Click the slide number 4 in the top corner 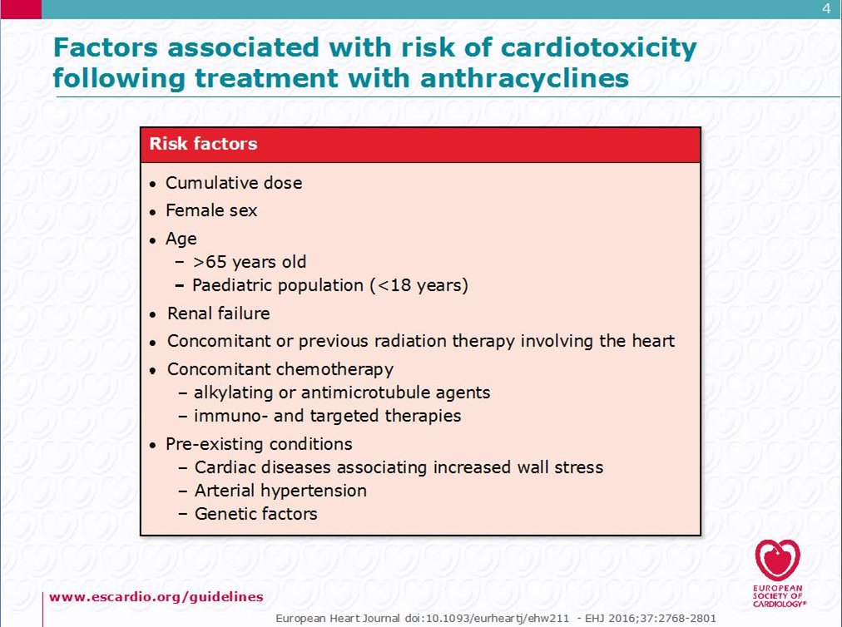pos(825,9)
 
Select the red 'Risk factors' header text pos(203,144)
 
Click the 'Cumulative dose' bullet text pos(234,183)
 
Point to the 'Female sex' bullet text pos(211,210)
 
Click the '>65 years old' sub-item pos(250,262)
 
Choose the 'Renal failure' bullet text pos(218,313)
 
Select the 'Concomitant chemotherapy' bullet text pos(280,368)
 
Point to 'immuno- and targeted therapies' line pos(327,415)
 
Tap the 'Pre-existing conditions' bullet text pos(259,443)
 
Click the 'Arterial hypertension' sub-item pos(280,491)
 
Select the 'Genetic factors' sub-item pos(255,514)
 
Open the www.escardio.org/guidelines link pos(156,596)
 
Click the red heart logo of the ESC pos(777,560)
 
